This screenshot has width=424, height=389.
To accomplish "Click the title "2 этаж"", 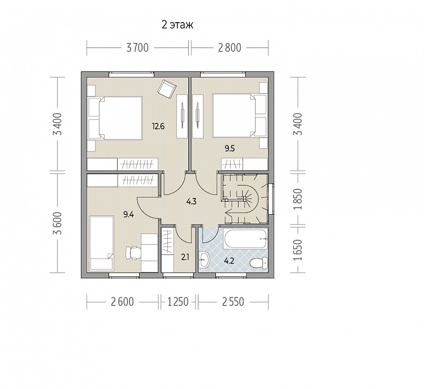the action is click(x=178, y=25).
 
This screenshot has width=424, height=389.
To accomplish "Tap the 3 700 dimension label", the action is click(x=137, y=48).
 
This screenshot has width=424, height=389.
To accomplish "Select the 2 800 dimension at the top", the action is click(x=230, y=48).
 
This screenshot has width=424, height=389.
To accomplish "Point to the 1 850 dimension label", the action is click(x=299, y=199).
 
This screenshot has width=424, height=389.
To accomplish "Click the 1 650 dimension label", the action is click(x=299, y=250).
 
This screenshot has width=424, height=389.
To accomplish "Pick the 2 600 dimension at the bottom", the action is click(x=122, y=301).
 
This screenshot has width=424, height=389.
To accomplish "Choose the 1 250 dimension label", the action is click(x=178, y=301).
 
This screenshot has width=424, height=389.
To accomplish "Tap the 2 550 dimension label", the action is click(x=233, y=301).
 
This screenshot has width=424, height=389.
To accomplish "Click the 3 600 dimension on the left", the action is click(x=58, y=223).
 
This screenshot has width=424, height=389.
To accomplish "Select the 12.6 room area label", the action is click(x=158, y=126).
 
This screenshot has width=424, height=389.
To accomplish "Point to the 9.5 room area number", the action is click(x=230, y=148).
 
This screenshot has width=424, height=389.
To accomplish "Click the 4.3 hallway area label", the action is click(x=191, y=201).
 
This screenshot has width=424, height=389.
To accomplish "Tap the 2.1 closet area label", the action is click(x=185, y=257).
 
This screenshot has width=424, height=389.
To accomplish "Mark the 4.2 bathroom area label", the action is click(x=229, y=261).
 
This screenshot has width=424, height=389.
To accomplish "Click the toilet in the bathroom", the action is click(x=258, y=263).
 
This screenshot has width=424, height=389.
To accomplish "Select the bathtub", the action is click(x=245, y=239).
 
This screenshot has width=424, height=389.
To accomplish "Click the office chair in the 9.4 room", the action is click(x=133, y=253).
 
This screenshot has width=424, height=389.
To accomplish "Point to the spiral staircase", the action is click(x=245, y=199).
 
